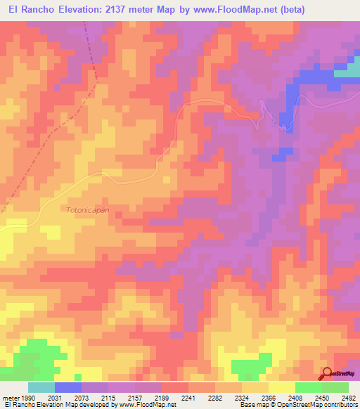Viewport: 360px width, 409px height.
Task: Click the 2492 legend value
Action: pyautogui.click(x=347, y=398)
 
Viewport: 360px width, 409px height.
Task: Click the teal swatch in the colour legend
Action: pyautogui.click(x=41, y=387)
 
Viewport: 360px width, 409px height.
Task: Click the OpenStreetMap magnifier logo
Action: pyautogui.click(x=328, y=374)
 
